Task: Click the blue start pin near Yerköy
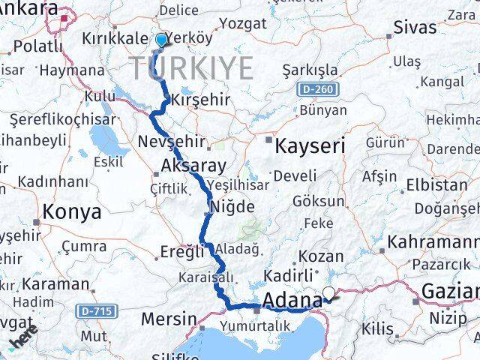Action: click(x=161, y=39)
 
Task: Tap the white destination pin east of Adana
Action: click(x=328, y=294)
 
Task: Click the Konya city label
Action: click(x=72, y=211)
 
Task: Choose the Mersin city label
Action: click(x=169, y=319)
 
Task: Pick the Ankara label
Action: click(x=30, y=8)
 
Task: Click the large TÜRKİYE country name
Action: click(x=193, y=69)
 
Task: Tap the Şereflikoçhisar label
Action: click(x=64, y=119)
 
